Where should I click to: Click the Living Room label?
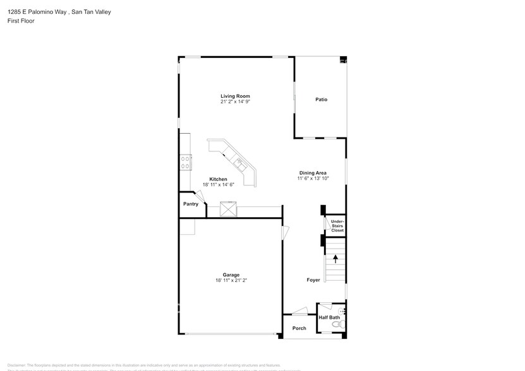[231, 96]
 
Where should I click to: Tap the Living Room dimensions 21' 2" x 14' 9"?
[231, 102]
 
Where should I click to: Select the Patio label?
[321, 100]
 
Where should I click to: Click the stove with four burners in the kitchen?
[186, 163]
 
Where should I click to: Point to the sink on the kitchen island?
[239, 163]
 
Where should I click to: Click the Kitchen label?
[218, 179]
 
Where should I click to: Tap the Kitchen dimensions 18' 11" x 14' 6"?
[218, 185]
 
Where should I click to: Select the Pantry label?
[191, 204]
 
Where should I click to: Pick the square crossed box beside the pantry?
[227, 209]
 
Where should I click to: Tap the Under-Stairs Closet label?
[337, 226]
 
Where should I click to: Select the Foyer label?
[313, 280]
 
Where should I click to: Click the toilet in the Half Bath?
[339, 324]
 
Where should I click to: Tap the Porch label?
[299, 328]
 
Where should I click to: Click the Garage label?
[231, 274]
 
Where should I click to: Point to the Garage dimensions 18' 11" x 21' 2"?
[231, 280]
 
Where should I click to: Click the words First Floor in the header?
[21, 21]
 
